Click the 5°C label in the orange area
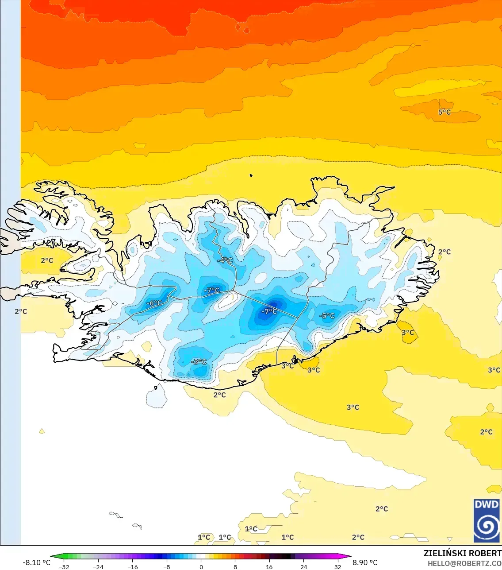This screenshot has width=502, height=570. (x=445, y=112)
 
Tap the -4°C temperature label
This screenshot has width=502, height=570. (x=225, y=260)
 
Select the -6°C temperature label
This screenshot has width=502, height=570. (x=154, y=303)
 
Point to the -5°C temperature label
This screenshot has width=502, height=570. (x=327, y=316)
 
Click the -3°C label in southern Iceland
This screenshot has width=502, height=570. (x=199, y=362)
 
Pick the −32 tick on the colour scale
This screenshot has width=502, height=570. (x=64, y=567)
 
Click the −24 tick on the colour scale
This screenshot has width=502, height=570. (x=98, y=567)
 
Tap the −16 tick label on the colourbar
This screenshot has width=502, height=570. (x=133, y=567)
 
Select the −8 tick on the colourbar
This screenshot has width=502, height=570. (x=167, y=567)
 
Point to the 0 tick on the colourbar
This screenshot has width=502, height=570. (x=201, y=567)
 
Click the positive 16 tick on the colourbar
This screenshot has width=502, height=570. (x=269, y=567)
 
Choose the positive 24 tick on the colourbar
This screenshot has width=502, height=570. (x=303, y=567)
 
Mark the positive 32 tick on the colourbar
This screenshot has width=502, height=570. (x=338, y=567)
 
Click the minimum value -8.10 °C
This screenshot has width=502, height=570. (x=36, y=562)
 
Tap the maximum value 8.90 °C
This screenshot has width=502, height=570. (x=365, y=562)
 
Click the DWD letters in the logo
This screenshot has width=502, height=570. (x=487, y=504)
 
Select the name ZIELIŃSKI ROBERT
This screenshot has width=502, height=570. (x=463, y=553)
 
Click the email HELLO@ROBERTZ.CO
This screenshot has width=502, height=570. (x=464, y=563)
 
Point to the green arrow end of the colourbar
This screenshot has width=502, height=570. (x=54, y=556)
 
